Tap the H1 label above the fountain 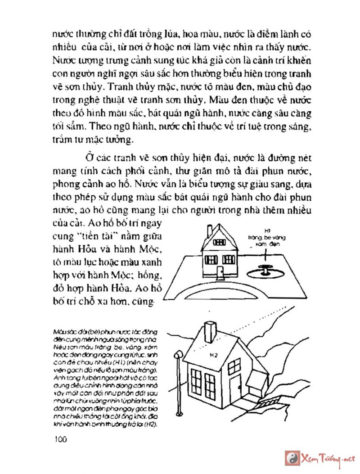pyautogui.click(x=267, y=229)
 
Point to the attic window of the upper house pyautogui.click(x=220, y=242)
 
